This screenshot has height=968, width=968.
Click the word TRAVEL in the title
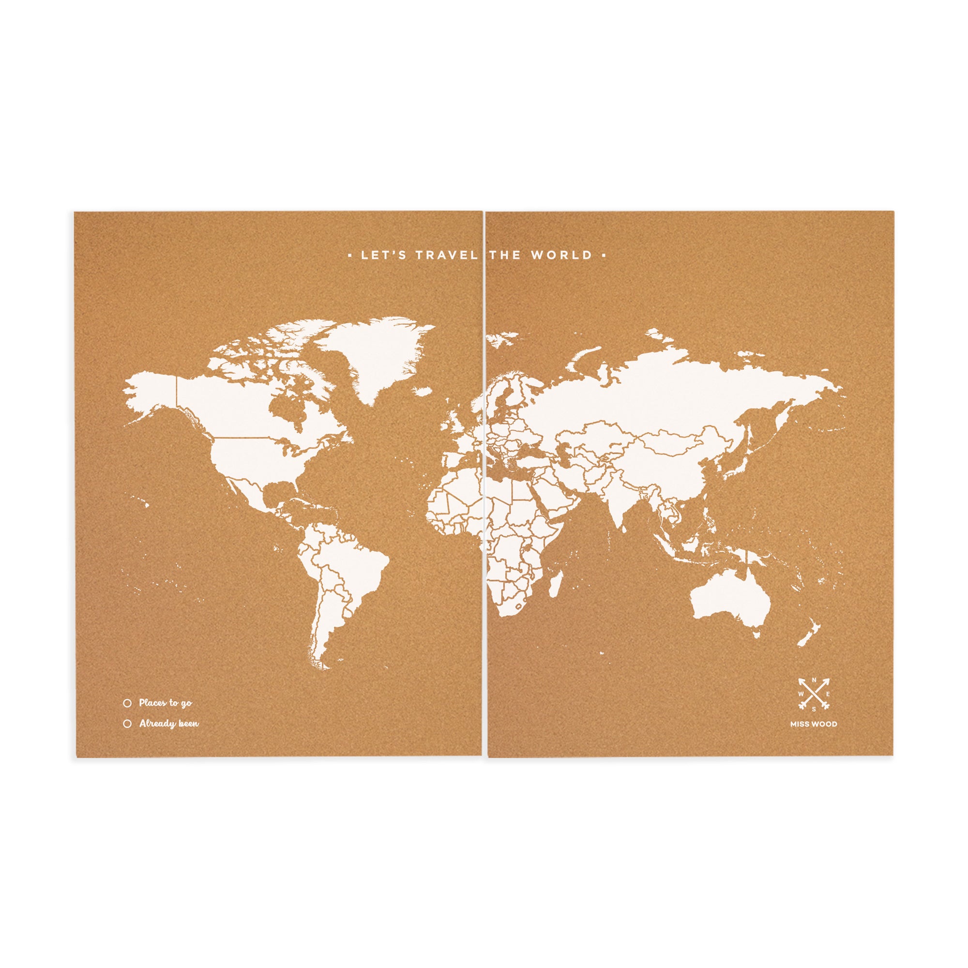tap(446, 255)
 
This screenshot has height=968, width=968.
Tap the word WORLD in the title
tap(561, 255)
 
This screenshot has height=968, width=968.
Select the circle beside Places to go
tap(127, 703)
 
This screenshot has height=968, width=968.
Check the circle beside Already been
tap(127, 724)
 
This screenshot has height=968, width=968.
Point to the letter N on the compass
tap(814, 680)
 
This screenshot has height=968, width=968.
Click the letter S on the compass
tap(814, 709)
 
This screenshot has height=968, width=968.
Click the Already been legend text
tap(169, 724)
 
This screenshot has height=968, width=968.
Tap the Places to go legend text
tap(166, 703)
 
